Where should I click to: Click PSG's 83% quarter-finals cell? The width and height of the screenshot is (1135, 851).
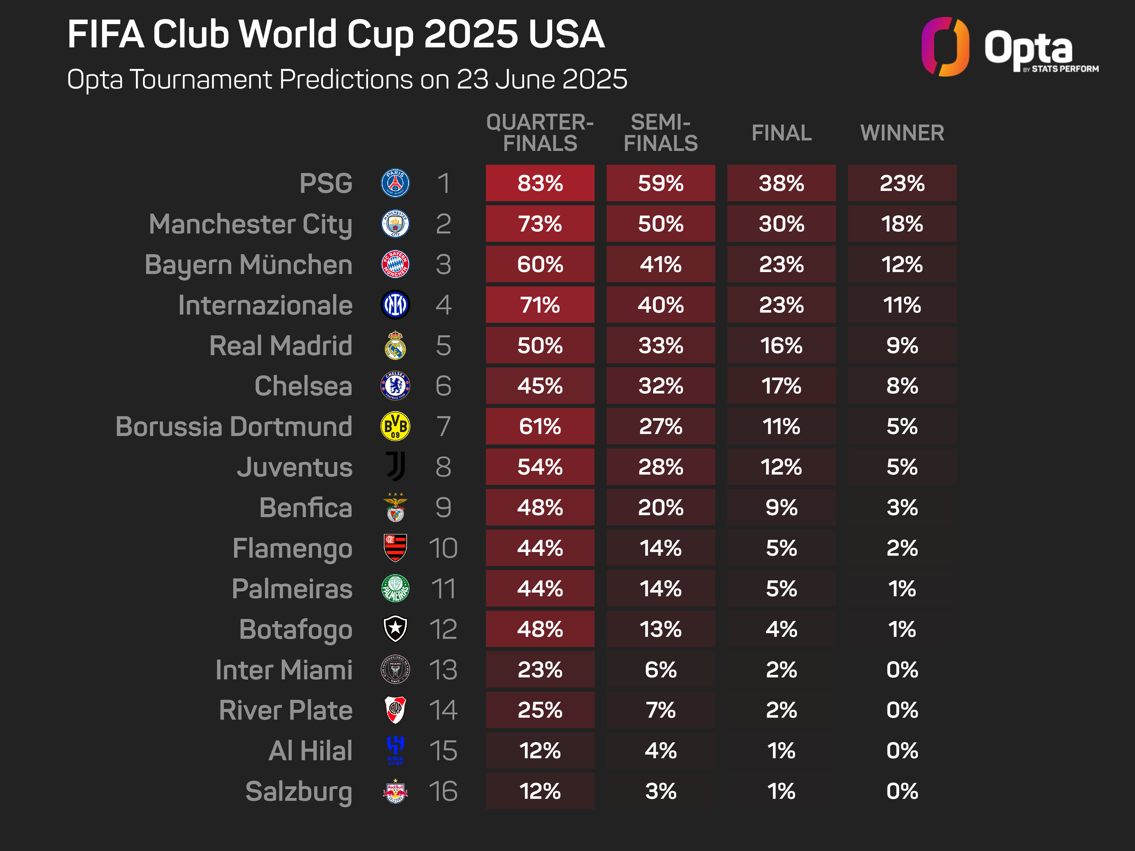click(540, 183)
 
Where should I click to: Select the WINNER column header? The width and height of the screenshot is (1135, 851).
click(902, 133)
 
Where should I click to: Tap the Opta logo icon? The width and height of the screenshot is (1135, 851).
click(945, 47)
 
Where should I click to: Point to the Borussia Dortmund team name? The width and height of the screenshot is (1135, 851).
click(234, 426)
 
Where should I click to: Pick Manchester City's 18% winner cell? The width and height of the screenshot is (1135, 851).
click(902, 224)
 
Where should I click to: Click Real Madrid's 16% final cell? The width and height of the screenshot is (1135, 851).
click(781, 345)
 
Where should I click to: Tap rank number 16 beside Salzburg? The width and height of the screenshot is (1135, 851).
click(443, 791)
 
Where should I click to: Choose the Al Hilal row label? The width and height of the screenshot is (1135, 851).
click(310, 751)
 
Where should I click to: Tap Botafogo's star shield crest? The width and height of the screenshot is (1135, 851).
click(395, 629)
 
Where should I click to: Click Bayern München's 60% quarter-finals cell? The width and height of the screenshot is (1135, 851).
click(540, 264)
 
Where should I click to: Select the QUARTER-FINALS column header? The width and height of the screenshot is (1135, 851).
click(540, 133)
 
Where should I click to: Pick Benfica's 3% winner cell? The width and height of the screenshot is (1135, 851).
click(902, 507)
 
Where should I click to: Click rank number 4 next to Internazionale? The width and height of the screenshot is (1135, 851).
click(443, 305)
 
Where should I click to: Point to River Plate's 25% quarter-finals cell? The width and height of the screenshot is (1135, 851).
click(540, 710)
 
